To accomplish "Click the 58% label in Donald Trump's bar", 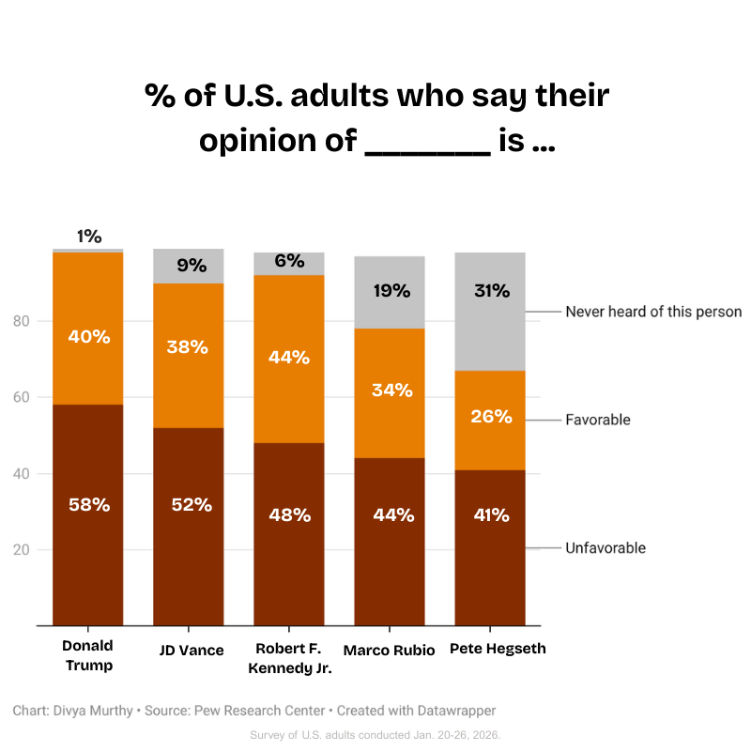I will pyautogui.click(x=88, y=505).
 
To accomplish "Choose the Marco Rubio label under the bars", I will pyautogui.click(x=389, y=650).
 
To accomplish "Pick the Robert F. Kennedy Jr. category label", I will pyautogui.click(x=289, y=658).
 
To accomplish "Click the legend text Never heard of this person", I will pyautogui.click(x=653, y=312).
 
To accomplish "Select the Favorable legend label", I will pyautogui.click(x=598, y=420).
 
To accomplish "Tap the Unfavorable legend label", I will pyautogui.click(x=605, y=548).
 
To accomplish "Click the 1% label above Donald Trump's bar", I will pyautogui.click(x=89, y=238).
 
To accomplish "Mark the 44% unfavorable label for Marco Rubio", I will pyautogui.click(x=391, y=514).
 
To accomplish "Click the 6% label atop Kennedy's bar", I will pyautogui.click(x=289, y=262).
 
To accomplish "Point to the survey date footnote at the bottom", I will pyautogui.click(x=375, y=734).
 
